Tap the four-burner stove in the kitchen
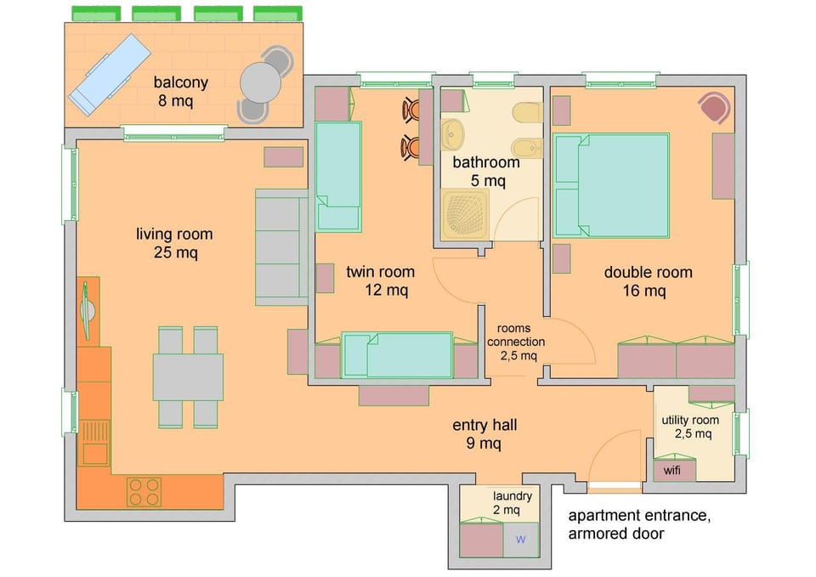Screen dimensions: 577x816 [x=144, y=490]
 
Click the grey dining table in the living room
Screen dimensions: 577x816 [x=188, y=376]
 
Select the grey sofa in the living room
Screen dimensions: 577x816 [x=281, y=247]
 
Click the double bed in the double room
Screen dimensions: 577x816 [x=611, y=184]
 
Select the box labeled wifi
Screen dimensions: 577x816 [x=673, y=469]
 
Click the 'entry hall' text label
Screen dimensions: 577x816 [x=484, y=425]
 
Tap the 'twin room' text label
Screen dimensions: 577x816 [x=380, y=272]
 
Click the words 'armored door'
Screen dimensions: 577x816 [x=616, y=534]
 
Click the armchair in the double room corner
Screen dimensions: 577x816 [x=714, y=108]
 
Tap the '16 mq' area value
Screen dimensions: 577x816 [x=647, y=291]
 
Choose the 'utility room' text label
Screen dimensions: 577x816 [x=690, y=420]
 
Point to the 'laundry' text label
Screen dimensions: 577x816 [x=513, y=496]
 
